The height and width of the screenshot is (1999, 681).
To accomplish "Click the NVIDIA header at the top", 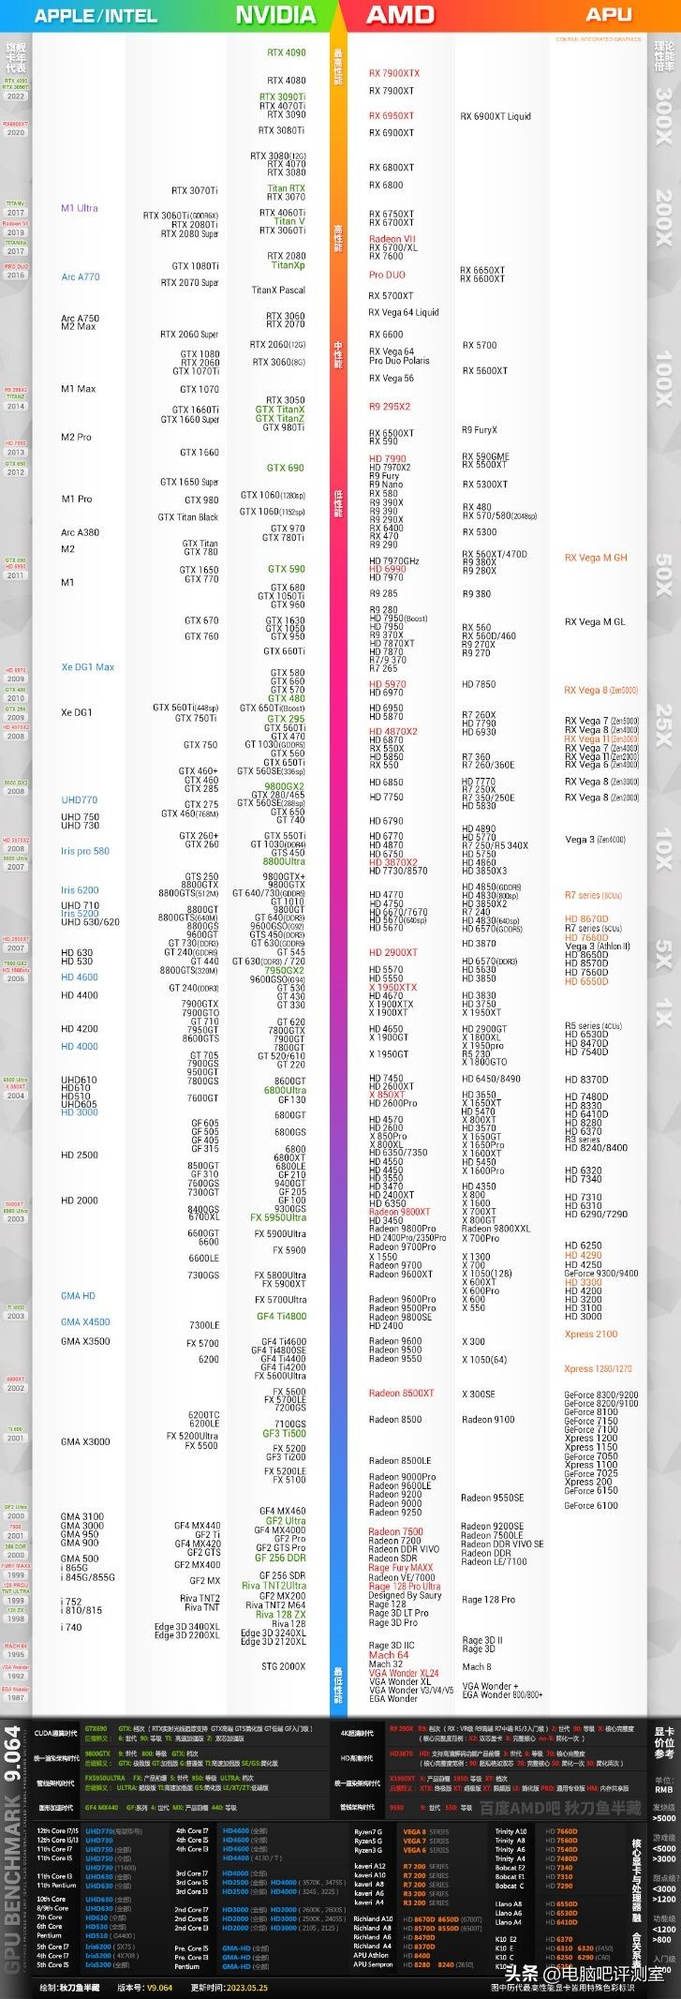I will [274, 15].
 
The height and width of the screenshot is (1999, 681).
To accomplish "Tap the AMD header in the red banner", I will [400, 15].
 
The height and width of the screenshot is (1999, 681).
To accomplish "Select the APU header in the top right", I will [609, 14].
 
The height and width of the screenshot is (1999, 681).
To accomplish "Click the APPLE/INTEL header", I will [96, 16].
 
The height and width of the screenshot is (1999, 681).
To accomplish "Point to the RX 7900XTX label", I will [394, 73].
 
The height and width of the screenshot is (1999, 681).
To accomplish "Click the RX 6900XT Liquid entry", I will [496, 116].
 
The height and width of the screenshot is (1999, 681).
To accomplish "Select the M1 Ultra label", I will [80, 208].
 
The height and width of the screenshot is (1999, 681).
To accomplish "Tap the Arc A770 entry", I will [81, 277].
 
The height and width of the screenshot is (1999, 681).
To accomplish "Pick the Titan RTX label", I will [287, 188].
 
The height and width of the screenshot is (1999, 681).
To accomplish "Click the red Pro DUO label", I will [387, 276].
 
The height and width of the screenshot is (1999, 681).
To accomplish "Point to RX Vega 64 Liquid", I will [404, 313].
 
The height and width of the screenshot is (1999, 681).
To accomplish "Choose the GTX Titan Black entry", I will [188, 517].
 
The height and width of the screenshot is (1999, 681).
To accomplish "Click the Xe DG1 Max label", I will [88, 667].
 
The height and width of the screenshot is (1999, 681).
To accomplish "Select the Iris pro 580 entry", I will [85, 851].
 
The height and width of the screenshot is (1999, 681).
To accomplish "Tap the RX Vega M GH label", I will [596, 558].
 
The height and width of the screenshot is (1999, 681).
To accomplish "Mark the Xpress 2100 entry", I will [591, 1334].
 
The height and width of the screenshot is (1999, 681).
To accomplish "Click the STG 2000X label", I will [284, 1665].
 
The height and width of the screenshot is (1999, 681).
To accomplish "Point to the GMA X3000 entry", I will [85, 1441].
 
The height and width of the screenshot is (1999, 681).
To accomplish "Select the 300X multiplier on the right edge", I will [663, 116].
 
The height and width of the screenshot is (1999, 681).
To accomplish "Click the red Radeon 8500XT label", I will [402, 1393].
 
